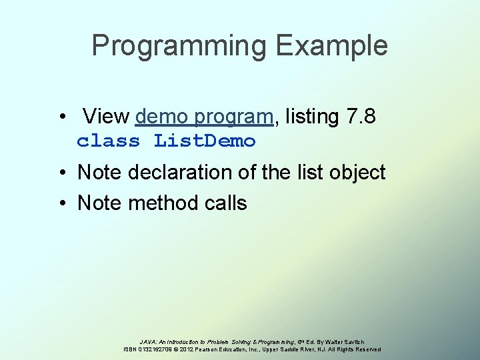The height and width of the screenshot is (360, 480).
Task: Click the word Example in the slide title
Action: click(331, 46)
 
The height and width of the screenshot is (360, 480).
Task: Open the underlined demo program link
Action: click(204, 117)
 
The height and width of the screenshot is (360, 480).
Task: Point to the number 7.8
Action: click(361, 117)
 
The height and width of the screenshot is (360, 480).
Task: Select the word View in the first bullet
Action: click(107, 117)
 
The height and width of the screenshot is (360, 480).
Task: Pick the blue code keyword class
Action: click(109, 141)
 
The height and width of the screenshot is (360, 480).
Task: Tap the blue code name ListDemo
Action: click(205, 141)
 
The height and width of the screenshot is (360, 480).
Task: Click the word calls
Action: click(222, 203)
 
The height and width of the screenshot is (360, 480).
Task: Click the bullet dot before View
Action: click(61, 117)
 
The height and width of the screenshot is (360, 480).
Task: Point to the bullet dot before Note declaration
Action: click(61, 173)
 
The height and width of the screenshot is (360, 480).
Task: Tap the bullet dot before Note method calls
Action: click(61, 203)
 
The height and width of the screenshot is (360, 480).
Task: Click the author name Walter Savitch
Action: click(343, 341)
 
